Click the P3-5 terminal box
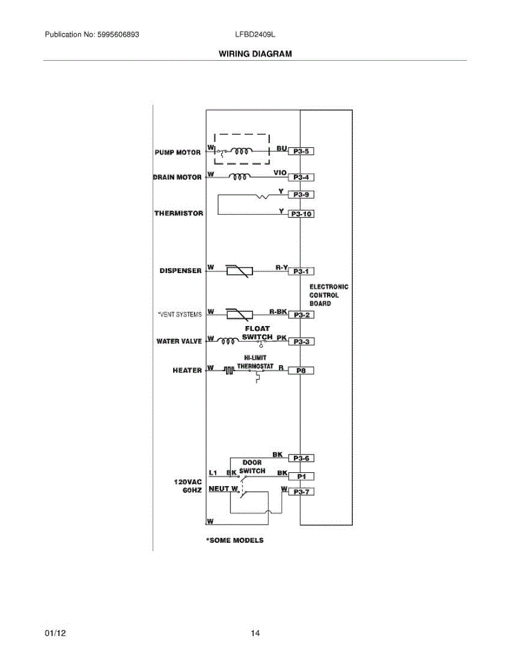point(301,151)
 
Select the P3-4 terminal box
point(301,177)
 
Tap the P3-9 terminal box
point(301,195)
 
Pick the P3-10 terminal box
point(301,214)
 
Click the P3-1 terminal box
point(301,271)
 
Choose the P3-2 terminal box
point(301,315)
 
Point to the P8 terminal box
point(301,371)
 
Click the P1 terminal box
point(301,476)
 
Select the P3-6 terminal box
point(301,458)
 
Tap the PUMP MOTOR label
point(178,152)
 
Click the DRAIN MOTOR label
point(177,177)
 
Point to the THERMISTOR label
point(179,213)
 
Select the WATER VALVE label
point(179,341)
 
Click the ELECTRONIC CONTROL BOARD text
point(329,295)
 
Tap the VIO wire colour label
point(279,173)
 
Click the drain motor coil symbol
point(239,177)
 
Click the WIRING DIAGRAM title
point(255,54)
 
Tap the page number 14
point(255,633)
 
